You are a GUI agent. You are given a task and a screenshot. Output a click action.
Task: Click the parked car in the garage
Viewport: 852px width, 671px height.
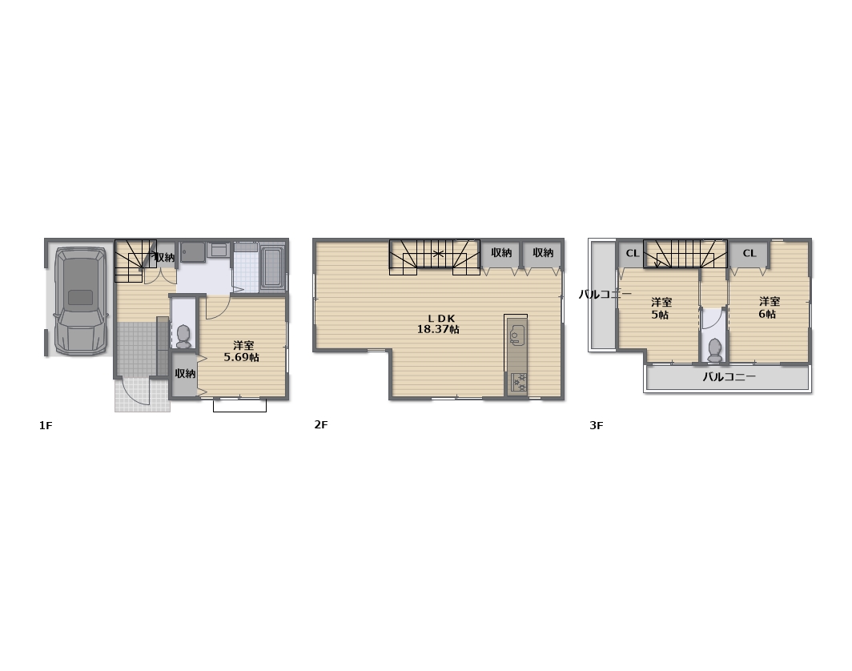tap(81, 302)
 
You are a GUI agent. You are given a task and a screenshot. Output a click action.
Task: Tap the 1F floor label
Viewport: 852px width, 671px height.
tap(46, 425)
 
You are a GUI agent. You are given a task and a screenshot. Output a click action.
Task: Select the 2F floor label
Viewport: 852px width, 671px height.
tap(321, 424)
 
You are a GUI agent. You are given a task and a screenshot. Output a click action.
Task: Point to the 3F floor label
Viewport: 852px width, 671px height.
tap(597, 425)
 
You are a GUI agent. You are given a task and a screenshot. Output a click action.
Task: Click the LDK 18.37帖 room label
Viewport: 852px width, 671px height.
tap(438, 323)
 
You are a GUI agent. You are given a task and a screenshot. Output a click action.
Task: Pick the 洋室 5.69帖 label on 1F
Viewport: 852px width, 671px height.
tap(242, 351)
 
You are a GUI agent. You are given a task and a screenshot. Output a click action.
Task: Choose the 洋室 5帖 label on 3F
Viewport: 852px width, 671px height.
tap(661, 308)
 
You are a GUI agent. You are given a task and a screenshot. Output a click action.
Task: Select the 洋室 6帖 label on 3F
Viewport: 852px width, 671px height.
tap(769, 307)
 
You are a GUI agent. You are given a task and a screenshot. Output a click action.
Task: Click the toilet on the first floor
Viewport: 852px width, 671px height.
tap(183, 336)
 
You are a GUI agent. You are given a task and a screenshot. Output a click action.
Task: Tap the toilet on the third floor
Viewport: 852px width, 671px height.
tap(714, 350)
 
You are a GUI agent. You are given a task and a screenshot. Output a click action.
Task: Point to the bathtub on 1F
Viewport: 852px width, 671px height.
tap(273, 268)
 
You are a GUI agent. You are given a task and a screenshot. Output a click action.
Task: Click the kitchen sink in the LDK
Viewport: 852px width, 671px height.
tap(516, 335)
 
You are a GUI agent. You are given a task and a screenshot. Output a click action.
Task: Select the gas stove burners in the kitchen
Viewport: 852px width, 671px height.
tap(518, 383)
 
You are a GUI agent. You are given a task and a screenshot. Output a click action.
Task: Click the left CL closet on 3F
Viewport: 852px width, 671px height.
tap(632, 253)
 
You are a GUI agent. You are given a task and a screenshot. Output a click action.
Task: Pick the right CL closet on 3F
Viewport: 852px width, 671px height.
tap(750, 253)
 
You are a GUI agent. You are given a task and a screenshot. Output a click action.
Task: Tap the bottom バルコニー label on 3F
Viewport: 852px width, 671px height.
tap(729, 376)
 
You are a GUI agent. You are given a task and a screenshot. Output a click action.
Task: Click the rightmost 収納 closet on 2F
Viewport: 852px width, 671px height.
tap(542, 253)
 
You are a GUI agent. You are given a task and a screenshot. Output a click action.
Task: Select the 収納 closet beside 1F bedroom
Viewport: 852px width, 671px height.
tap(185, 374)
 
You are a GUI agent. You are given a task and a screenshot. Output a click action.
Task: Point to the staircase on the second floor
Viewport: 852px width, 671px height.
tap(435, 257)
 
